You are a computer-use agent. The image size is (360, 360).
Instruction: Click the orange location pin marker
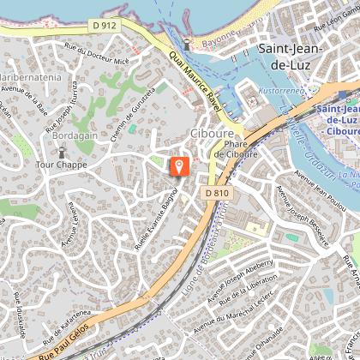pyautogui.click(x=179, y=165)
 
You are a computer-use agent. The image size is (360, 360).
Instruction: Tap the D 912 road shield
pyautogui.click(x=104, y=26)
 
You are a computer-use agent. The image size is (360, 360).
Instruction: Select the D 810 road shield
pyautogui.click(x=218, y=194)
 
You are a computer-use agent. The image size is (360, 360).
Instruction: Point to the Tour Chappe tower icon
pyautogui.click(x=63, y=152)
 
